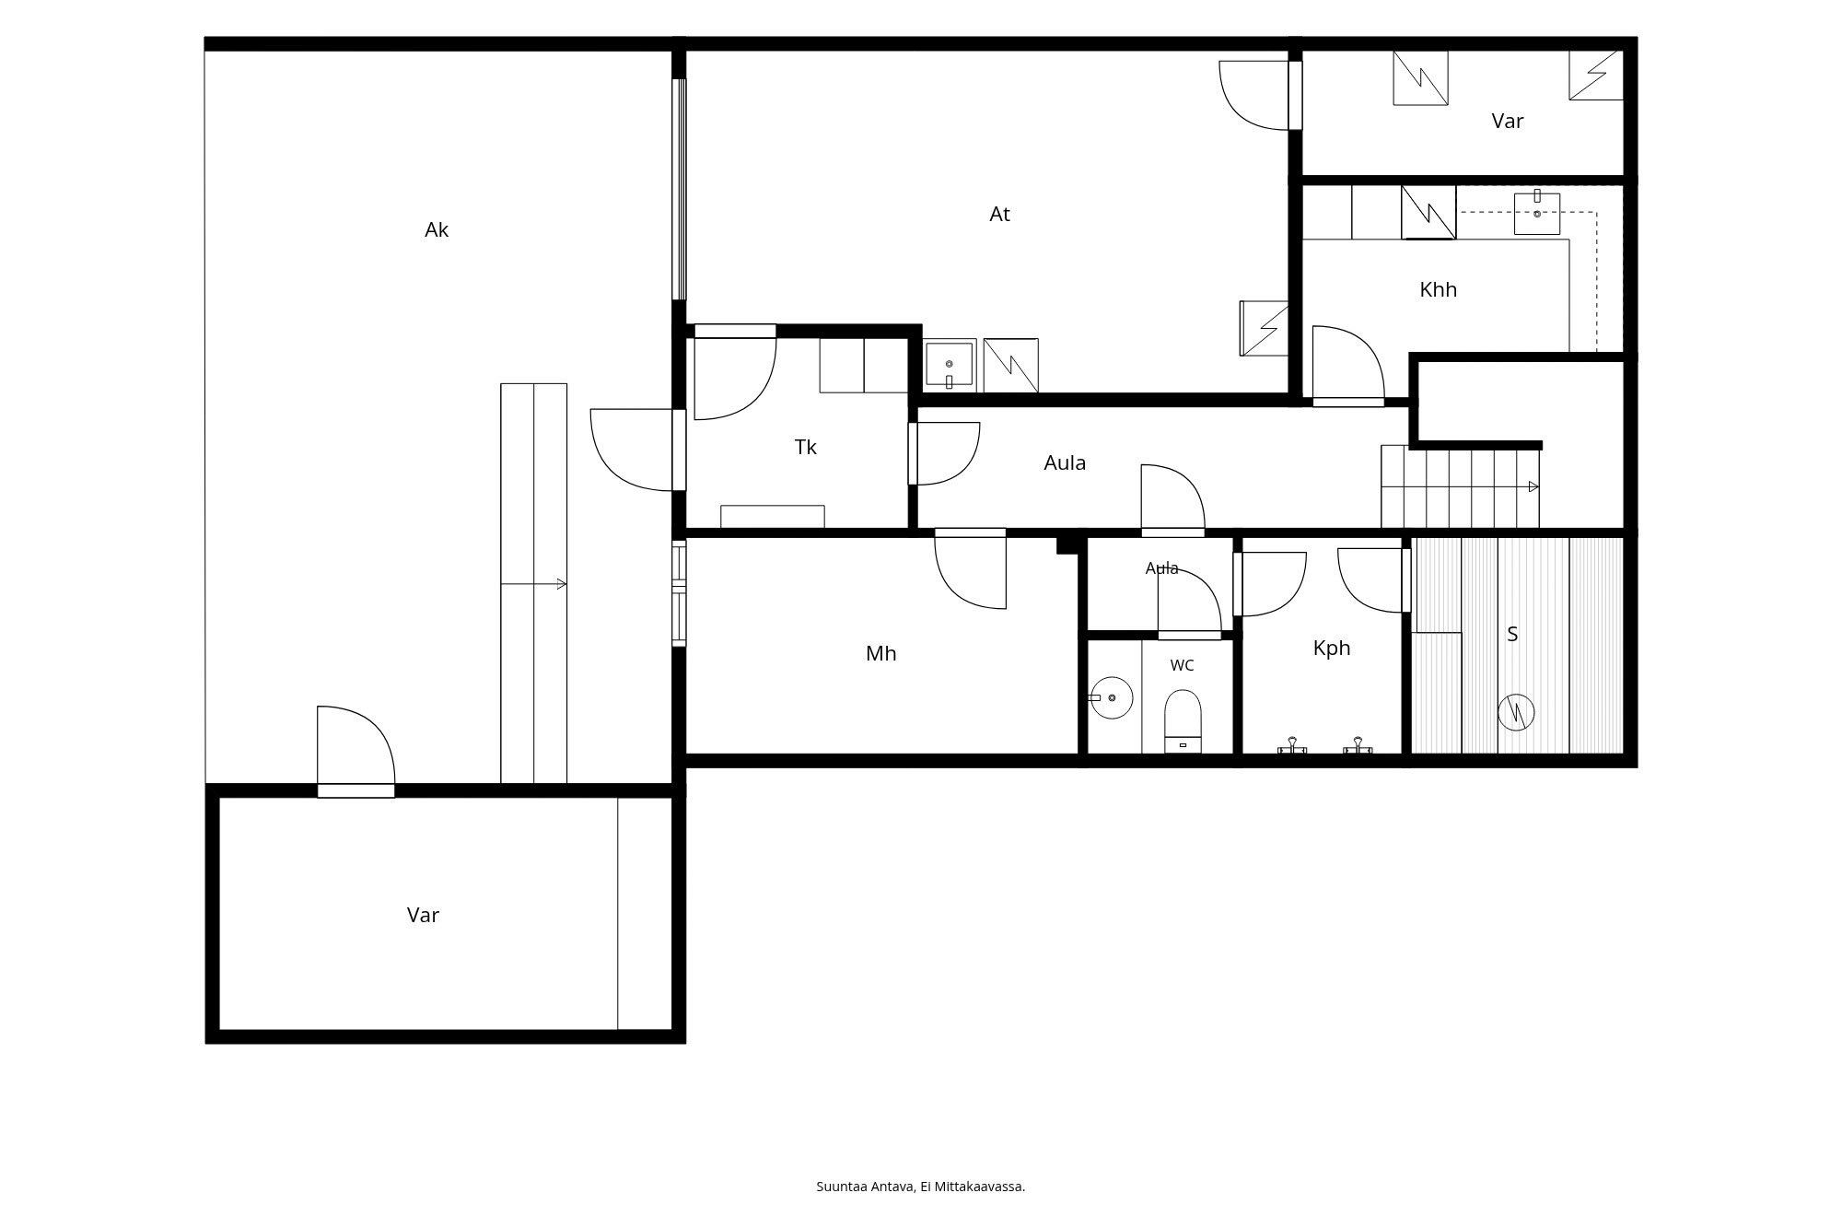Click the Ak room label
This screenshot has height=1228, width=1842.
click(x=437, y=230)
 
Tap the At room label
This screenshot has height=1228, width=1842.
click(x=999, y=214)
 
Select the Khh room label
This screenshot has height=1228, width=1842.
click(x=1438, y=289)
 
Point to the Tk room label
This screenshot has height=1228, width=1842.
click(x=805, y=447)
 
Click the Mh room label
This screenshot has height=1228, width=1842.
click(x=880, y=653)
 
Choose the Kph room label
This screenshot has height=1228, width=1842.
click(x=1331, y=648)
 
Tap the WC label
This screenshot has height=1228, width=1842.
click(x=1182, y=665)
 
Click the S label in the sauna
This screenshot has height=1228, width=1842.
click(x=1512, y=634)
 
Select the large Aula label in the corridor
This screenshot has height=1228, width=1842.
click(x=1065, y=462)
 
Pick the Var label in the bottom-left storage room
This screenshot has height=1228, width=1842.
click(x=423, y=915)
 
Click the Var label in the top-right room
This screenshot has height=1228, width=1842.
click(x=1508, y=121)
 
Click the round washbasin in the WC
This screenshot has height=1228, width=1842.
click(x=1111, y=698)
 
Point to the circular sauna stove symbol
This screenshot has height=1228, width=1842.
click(x=1516, y=712)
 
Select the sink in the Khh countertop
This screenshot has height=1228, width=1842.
click(x=1537, y=214)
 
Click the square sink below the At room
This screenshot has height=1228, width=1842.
click(x=949, y=366)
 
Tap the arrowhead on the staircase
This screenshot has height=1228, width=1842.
click(x=1534, y=486)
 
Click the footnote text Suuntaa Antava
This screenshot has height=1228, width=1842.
click(x=866, y=1187)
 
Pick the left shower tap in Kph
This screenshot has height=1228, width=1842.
click(x=1292, y=745)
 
